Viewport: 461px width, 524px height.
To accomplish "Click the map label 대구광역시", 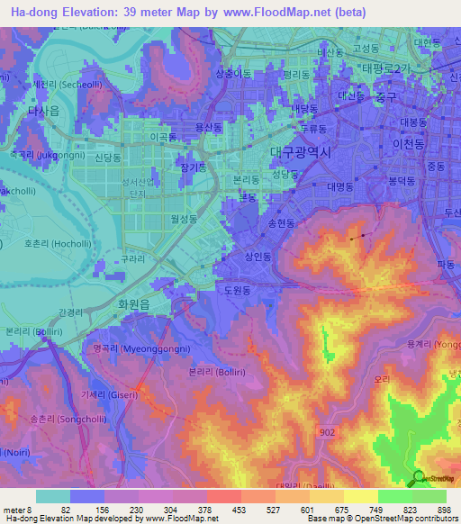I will coord(301,152).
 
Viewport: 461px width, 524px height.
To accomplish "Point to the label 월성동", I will coord(183,219).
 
